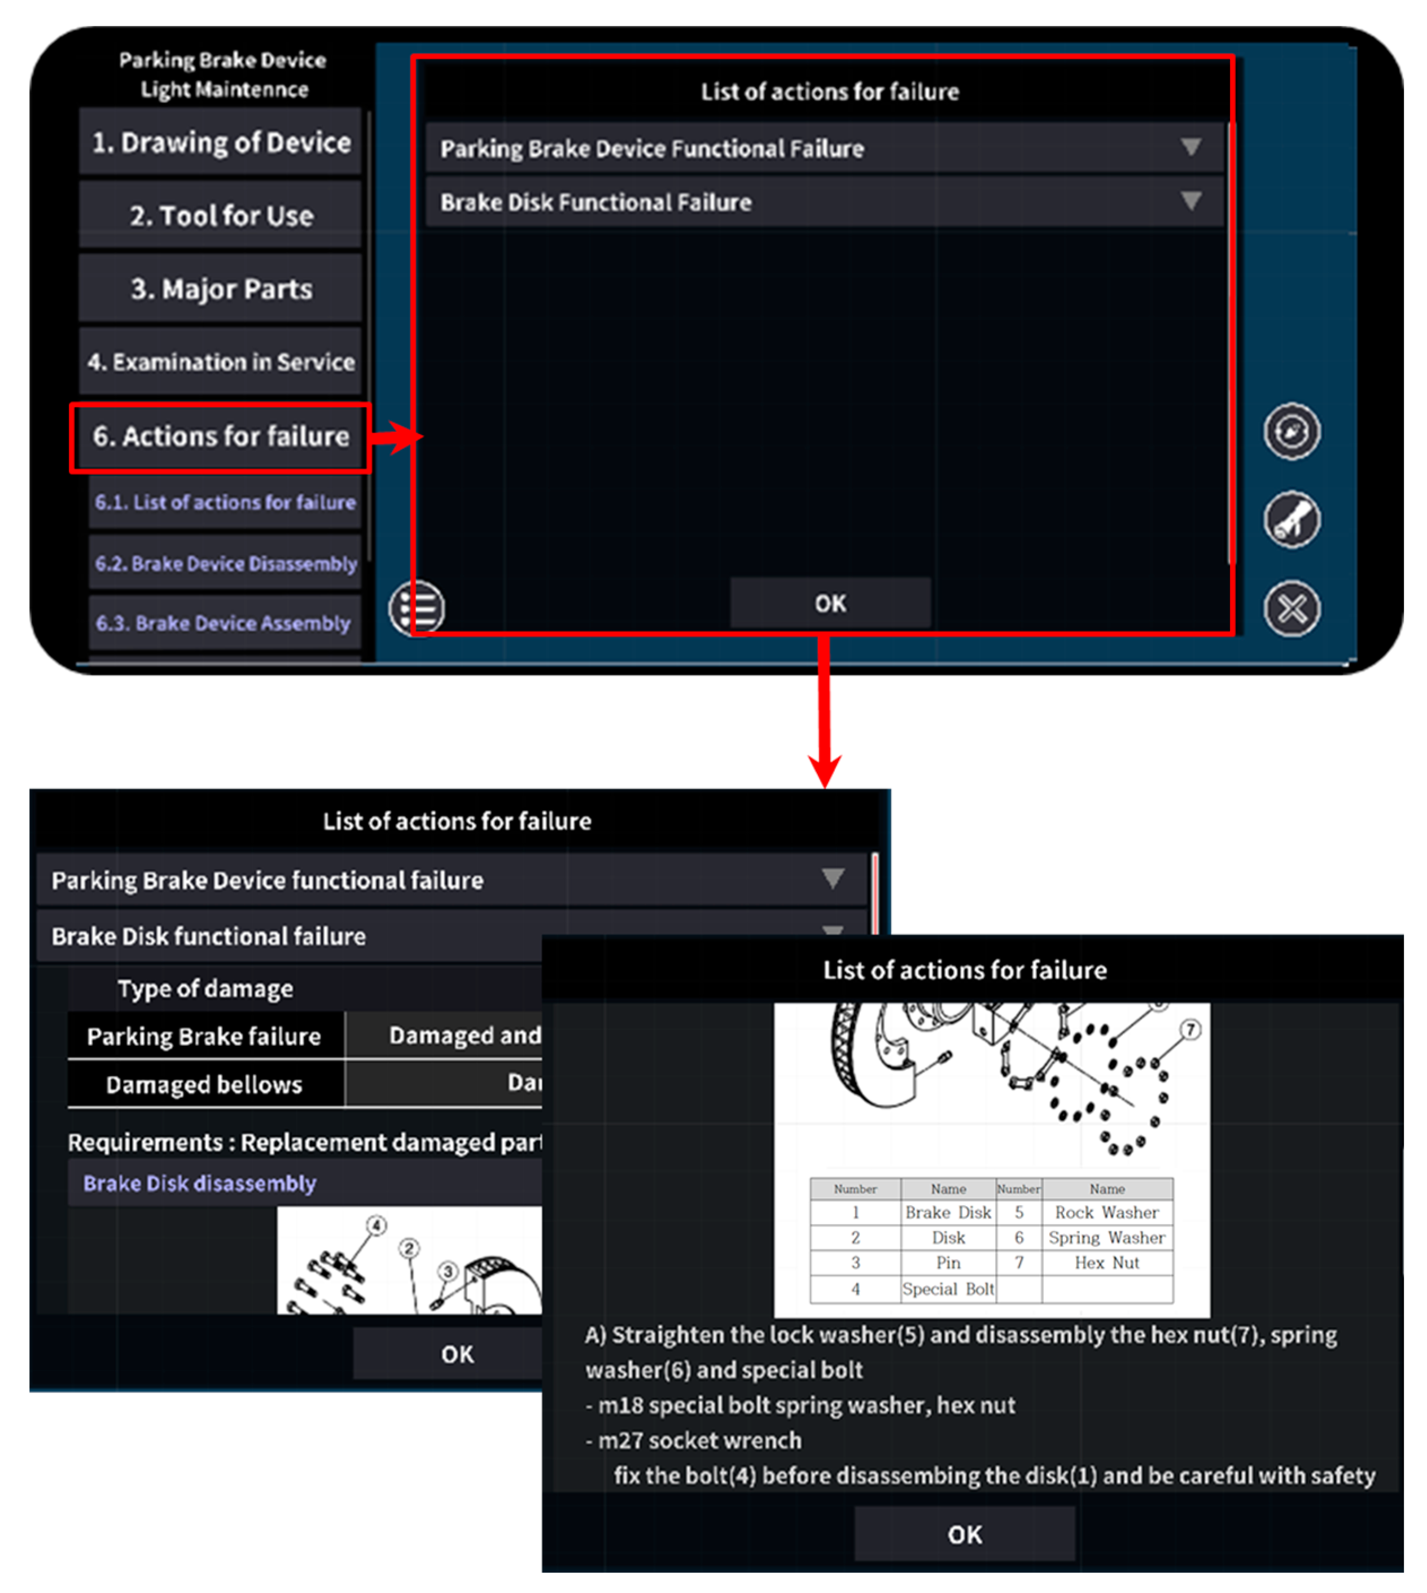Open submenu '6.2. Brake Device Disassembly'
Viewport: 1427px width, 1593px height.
225,563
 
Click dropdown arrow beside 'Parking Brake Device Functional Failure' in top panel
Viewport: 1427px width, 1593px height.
1190,147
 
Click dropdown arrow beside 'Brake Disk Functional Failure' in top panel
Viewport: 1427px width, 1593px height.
1190,201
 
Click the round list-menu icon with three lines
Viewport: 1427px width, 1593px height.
417,608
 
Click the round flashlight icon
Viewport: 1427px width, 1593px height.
1292,519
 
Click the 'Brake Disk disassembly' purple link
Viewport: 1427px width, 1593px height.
199,1183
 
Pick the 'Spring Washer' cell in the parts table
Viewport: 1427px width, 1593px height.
1106,1237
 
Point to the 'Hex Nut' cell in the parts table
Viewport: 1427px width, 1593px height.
1106,1262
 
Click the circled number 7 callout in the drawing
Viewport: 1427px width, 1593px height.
1190,1029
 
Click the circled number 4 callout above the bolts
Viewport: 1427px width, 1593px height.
377,1225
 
